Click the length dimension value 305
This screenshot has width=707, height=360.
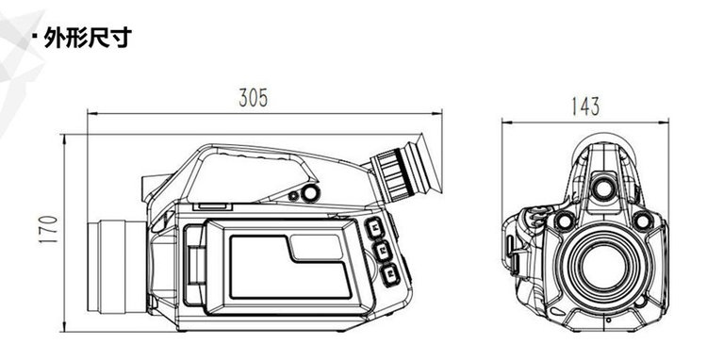[253, 97]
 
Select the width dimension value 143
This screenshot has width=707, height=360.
[585, 106]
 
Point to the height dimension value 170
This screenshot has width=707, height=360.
[49, 229]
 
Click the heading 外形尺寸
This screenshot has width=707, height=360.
[88, 38]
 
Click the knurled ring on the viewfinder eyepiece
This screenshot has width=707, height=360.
[393, 174]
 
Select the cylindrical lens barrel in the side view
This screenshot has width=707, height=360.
[117, 267]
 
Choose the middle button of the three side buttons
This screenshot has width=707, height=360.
[382, 250]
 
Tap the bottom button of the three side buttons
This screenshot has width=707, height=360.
[390, 273]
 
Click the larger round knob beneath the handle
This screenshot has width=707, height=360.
[310, 194]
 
